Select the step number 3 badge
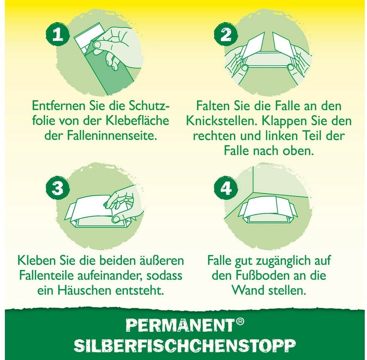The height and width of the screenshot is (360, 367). (x=58, y=188)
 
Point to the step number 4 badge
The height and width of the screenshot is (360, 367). (x=226, y=188)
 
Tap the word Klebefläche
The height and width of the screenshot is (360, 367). (x=138, y=121)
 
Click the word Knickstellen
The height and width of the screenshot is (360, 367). (x=222, y=121)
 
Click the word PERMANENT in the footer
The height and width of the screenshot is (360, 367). (x=180, y=325)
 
